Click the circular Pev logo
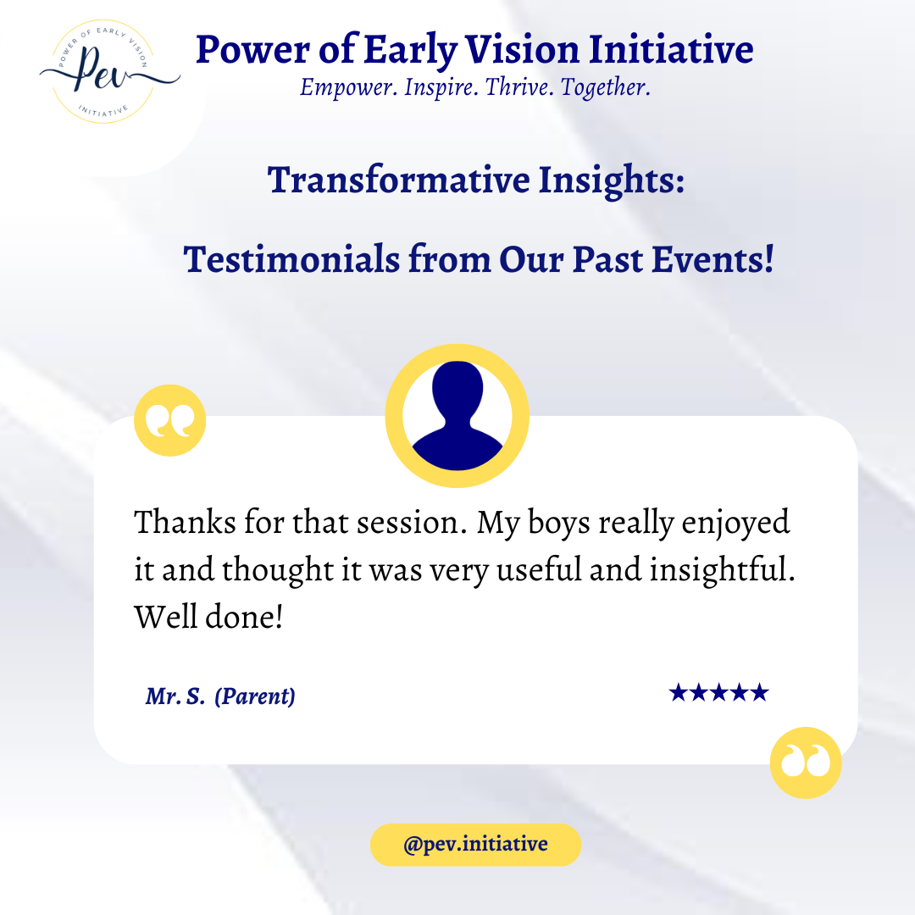pos(104,72)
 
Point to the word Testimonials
pos(291,259)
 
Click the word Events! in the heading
pos(713,259)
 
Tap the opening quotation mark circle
pos(169,420)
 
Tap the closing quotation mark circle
pos(806,762)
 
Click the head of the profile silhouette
pos(457,386)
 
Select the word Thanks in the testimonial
pos(186,522)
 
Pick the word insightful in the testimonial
pos(723,569)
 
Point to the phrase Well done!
pos(209,617)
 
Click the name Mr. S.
pos(175,696)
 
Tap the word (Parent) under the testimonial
pos(255,696)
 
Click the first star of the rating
pos(679,693)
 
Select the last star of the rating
pos(760,693)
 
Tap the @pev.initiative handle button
pos(475,845)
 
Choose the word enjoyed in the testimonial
pos(735,523)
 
